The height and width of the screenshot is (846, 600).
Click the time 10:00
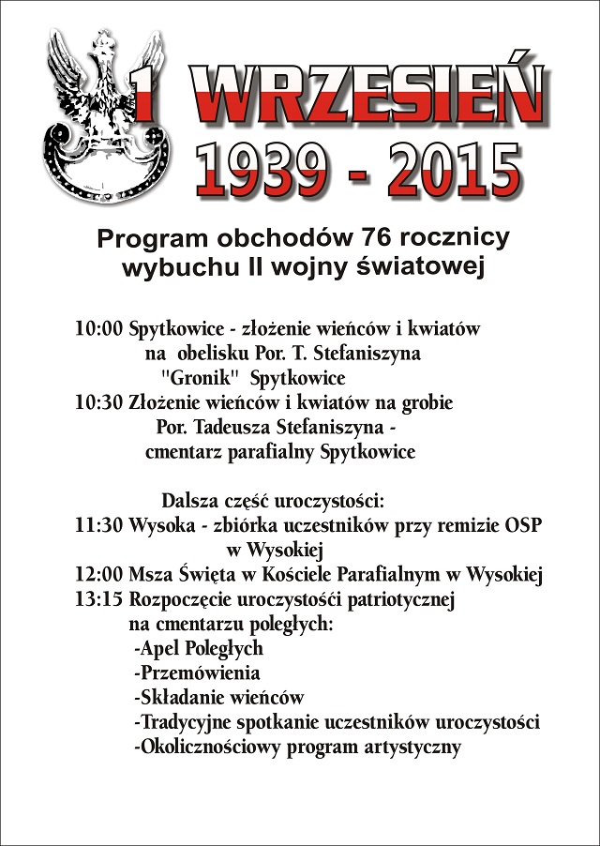[98, 330]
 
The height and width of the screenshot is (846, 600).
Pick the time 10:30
[98, 403]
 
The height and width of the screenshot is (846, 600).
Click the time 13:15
[98, 599]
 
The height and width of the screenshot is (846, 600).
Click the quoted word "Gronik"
[196, 379]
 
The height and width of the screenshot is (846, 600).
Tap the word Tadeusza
[237, 428]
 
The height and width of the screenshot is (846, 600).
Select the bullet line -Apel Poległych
[198, 648]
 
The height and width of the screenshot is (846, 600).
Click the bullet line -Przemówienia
[197, 672]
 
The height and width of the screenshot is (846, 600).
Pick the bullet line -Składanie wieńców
[218, 698]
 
